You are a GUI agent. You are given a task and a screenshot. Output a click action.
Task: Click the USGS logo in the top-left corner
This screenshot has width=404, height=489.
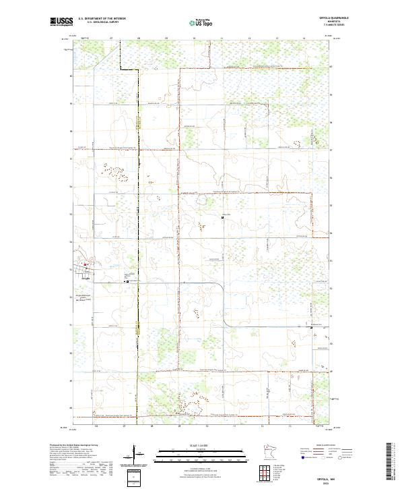click(60, 22)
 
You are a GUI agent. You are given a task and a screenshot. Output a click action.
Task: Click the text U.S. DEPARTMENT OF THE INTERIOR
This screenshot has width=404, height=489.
click(102, 19)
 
